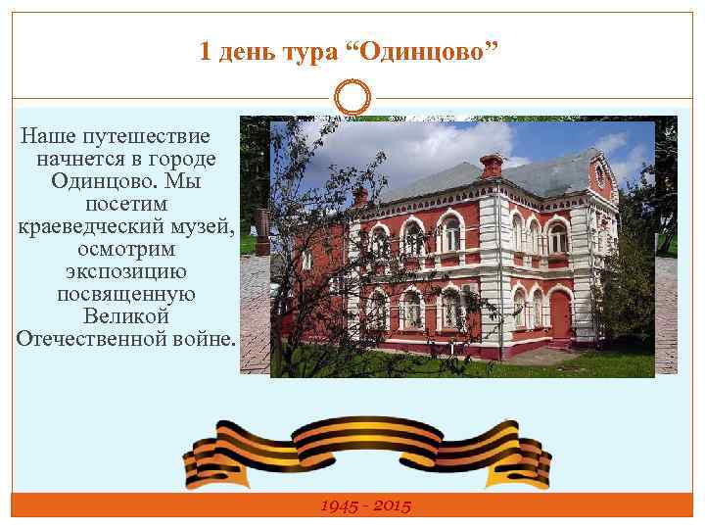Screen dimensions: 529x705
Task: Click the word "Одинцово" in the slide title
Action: coord(423,51)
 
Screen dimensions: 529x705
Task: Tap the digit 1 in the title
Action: coord(205,51)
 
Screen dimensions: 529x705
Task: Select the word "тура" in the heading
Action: coord(306,51)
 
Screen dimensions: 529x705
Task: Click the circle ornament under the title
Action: coord(352,98)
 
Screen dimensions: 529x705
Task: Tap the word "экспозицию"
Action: coord(126,272)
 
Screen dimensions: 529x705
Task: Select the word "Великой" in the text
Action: coord(126,317)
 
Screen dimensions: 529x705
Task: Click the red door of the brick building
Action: coord(559,313)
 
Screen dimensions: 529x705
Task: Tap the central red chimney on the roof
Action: coord(492,165)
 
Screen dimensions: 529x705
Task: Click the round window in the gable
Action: coord(599,175)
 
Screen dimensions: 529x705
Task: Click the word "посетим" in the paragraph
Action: coord(126,205)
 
